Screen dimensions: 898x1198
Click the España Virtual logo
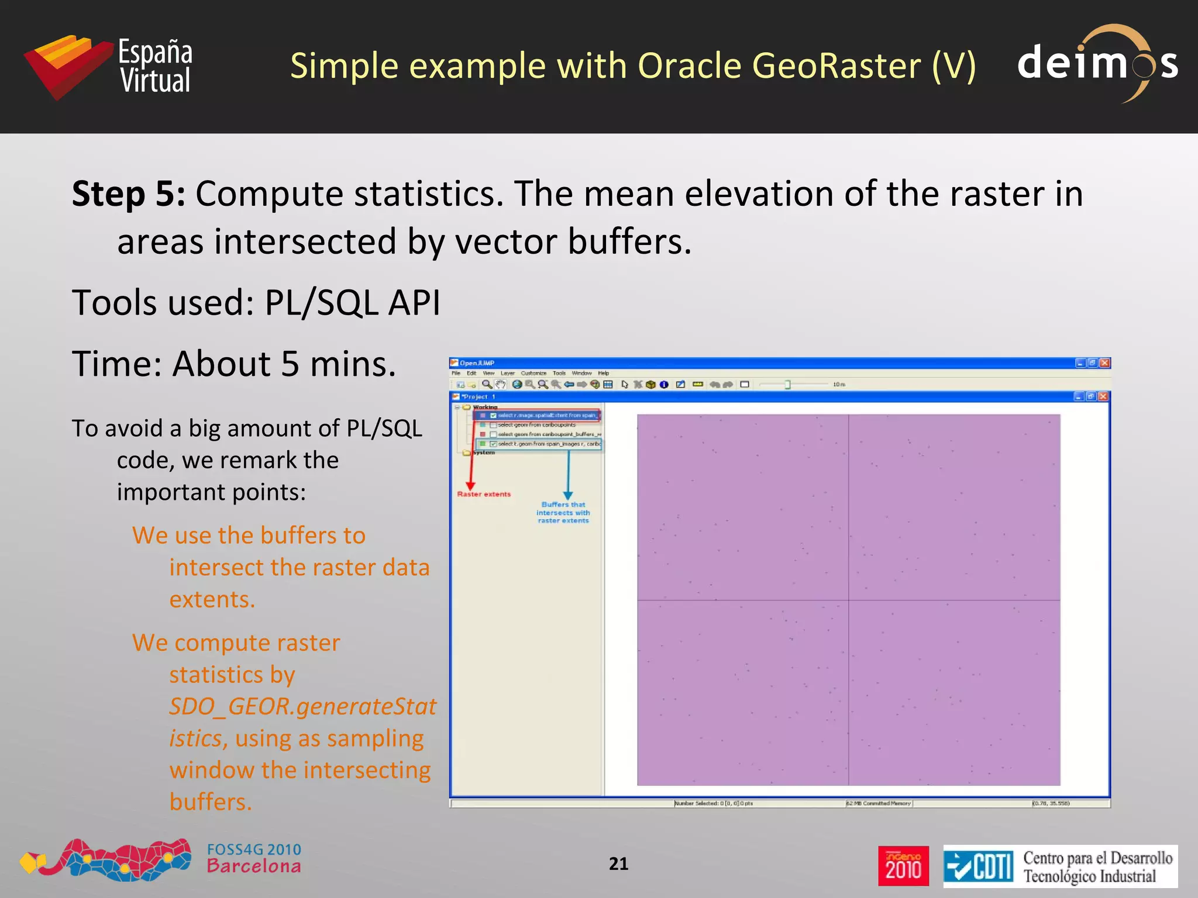click(108, 65)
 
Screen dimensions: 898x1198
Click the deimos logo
click(1097, 63)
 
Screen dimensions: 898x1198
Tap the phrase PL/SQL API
click(352, 303)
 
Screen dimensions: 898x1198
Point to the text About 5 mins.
click(284, 364)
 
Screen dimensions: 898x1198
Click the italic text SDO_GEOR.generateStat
click(302, 707)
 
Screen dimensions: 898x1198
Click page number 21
click(618, 864)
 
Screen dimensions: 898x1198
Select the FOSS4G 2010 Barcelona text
click(254, 858)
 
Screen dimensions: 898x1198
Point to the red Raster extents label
click(484, 495)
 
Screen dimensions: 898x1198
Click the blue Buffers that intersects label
click(563, 512)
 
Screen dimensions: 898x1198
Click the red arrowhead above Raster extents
click(470, 486)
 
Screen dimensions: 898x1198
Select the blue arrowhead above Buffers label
click(568, 495)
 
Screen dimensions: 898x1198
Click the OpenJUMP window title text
click(477, 363)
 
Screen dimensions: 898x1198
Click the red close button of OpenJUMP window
click(1104, 363)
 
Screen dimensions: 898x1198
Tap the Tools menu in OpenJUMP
click(559, 373)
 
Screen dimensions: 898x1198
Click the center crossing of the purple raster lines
click(849, 600)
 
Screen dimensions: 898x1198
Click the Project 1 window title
click(478, 396)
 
